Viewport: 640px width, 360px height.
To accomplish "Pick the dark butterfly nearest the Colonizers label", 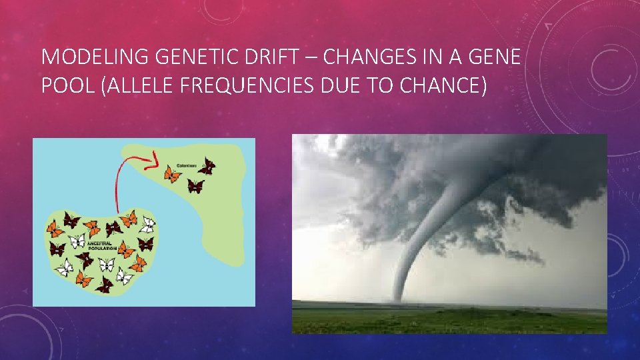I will tap(207, 165).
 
